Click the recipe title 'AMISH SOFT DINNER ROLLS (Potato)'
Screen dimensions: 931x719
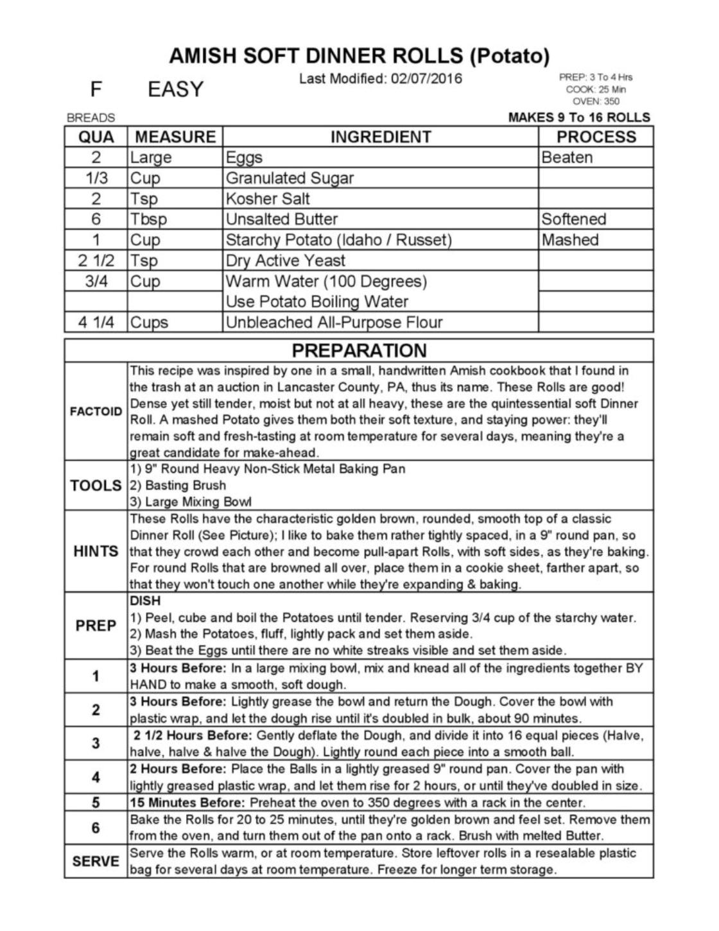[x=359, y=56]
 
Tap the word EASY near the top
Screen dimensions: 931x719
[x=175, y=89]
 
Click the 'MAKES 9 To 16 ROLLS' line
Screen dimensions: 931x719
[x=579, y=117]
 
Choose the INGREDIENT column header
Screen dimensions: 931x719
[x=381, y=137]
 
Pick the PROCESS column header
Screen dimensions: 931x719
[x=596, y=137]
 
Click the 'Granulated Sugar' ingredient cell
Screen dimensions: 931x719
[x=290, y=178]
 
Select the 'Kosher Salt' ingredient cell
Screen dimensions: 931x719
[x=268, y=198]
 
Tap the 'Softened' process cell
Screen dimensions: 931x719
[x=573, y=219]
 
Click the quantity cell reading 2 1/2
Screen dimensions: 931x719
[x=96, y=261]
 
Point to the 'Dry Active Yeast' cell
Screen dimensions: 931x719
[x=286, y=261]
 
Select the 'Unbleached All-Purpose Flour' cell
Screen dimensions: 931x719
[x=334, y=322]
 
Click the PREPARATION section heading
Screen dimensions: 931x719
[x=359, y=350]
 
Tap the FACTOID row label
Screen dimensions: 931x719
[x=96, y=411]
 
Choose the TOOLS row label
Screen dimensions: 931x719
[x=96, y=486]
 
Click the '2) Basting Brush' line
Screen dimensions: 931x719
[x=178, y=486]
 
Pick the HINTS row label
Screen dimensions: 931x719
[x=96, y=551]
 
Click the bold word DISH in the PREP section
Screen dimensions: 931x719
[x=145, y=601]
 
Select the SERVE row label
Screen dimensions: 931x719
[x=96, y=861]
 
